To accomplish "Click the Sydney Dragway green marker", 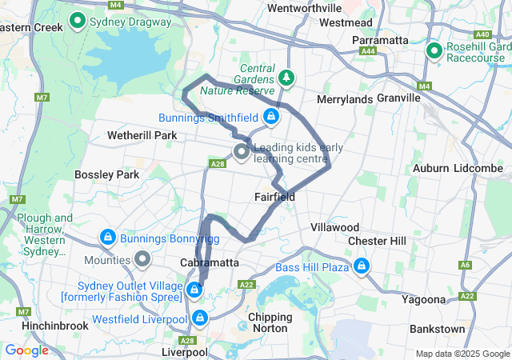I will point(78,21).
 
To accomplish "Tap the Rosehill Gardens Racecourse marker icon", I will point(434,52).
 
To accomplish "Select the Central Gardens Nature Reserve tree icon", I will point(286,78).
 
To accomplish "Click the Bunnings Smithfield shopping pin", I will point(271,118).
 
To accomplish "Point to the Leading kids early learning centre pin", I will point(241,151).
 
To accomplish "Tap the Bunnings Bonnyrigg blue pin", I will point(106,238).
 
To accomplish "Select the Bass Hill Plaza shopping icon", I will point(362,266).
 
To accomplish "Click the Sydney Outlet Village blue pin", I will point(194,288).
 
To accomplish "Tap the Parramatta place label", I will point(380,40).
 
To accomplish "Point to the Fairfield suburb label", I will point(274,197).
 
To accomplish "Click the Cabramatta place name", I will point(210,262).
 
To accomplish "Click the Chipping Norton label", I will point(270,322).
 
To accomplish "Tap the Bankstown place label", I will point(437,329).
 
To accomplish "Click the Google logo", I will point(27,350).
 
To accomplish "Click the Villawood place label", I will point(334,227).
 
